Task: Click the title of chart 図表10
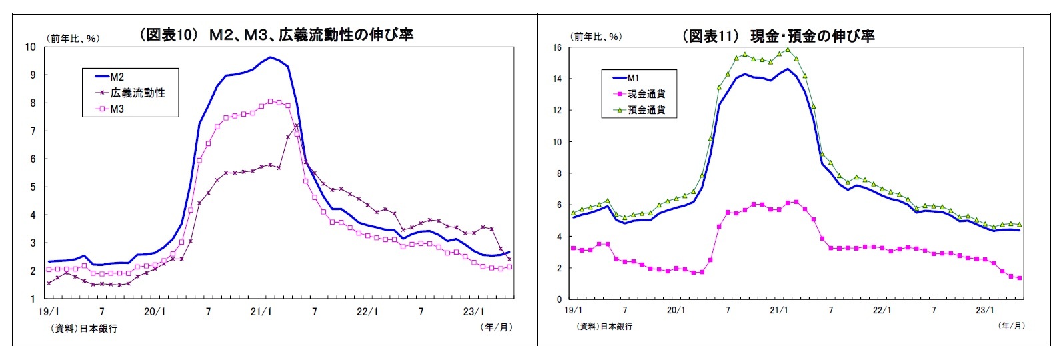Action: click(275, 35)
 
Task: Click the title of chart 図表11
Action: click(778, 36)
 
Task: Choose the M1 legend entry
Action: click(633, 78)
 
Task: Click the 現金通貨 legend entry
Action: click(646, 94)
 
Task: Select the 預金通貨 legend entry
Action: click(646, 109)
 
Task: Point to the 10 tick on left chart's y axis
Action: click(30, 47)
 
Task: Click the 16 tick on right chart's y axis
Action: click(557, 48)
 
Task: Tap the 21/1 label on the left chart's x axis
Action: click(261, 311)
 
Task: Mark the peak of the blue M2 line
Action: click(270, 57)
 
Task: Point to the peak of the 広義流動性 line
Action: click(297, 125)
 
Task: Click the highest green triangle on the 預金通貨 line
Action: click(788, 49)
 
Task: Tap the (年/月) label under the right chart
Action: click(1011, 325)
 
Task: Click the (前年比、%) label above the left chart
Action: click(73, 38)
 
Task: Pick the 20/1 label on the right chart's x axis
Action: click(676, 310)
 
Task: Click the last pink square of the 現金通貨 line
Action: click(1019, 278)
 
